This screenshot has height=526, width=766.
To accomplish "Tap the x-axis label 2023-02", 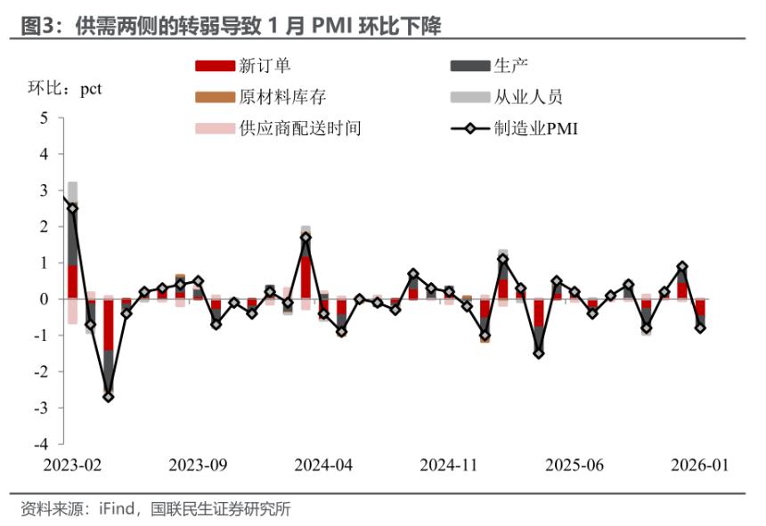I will pyautogui.click(x=72, y=465).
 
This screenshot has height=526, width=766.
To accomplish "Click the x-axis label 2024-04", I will pyautogui.click(x=323, y=465).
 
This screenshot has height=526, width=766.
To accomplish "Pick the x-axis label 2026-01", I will pyautogui.click(x=698, y=465).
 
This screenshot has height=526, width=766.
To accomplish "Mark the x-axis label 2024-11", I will pyautogui.click(x=449, y=465).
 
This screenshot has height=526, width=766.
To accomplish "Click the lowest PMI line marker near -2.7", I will pyautogui.click(x=109, y=396).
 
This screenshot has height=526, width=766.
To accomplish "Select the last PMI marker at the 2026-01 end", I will pyautogui.click(x=700, y=328).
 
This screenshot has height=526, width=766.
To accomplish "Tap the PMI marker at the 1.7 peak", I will pyautogui.click(x=306, y=238).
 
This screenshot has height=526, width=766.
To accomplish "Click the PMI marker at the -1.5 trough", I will pyautogui.click(x=539, y=353).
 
